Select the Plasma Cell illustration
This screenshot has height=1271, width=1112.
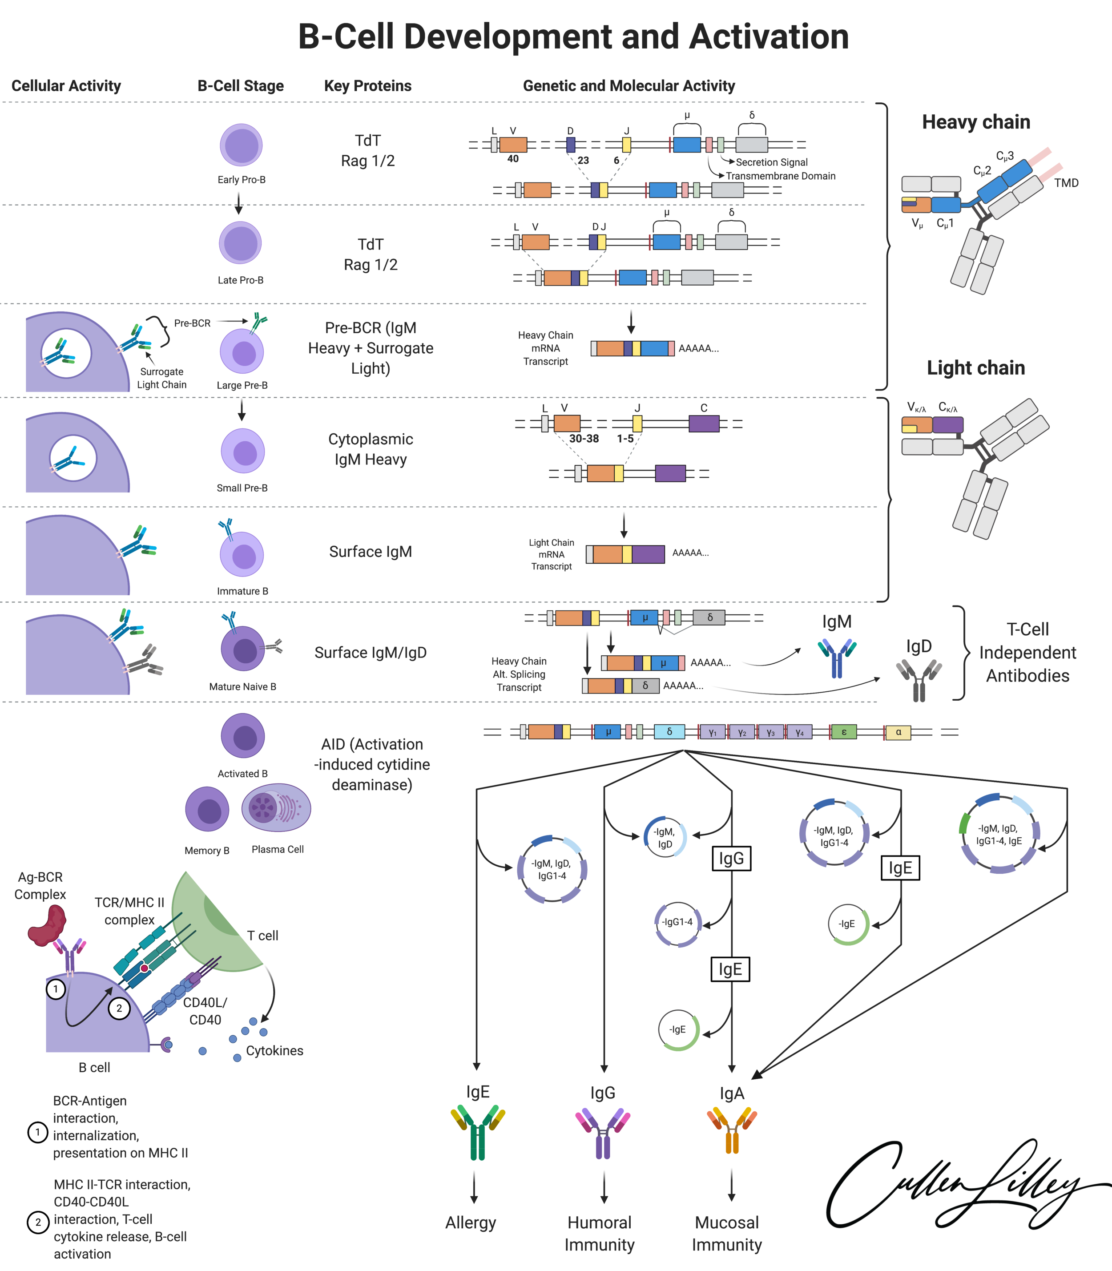[276, 807]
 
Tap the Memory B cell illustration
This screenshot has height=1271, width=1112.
[207, 809]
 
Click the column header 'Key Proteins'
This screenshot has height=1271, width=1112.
[367, 86]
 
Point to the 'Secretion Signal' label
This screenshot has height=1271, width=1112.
[771, 162]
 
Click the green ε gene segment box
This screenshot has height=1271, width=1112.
[843, 732]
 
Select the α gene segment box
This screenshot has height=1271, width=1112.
[898, 732]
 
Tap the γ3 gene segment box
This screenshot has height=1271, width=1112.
[770, 732]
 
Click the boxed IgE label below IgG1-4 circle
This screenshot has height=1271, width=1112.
[730, 969]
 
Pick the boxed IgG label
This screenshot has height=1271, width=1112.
[731, 858]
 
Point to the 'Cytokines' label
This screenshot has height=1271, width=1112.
[274, 1051]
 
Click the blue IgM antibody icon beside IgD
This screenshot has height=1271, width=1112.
[837, 658]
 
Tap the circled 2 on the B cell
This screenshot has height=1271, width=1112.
[119, 1008]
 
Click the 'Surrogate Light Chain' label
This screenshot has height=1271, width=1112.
[161, 378]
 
